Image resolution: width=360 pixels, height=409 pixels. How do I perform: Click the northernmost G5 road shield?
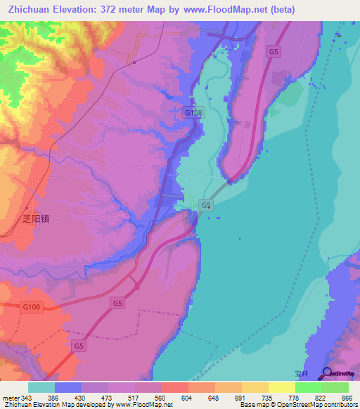[274, 51]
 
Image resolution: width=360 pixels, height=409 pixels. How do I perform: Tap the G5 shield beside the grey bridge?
[205, 204]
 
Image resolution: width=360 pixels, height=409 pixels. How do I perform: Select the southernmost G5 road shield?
[79, 346]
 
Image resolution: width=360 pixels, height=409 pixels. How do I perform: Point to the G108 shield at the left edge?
[30, 306]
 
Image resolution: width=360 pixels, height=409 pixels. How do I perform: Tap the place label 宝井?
[303, 374]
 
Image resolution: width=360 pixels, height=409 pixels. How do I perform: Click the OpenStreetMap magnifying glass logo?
[327, 372]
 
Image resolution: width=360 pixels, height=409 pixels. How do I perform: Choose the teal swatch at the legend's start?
[41, 387]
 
